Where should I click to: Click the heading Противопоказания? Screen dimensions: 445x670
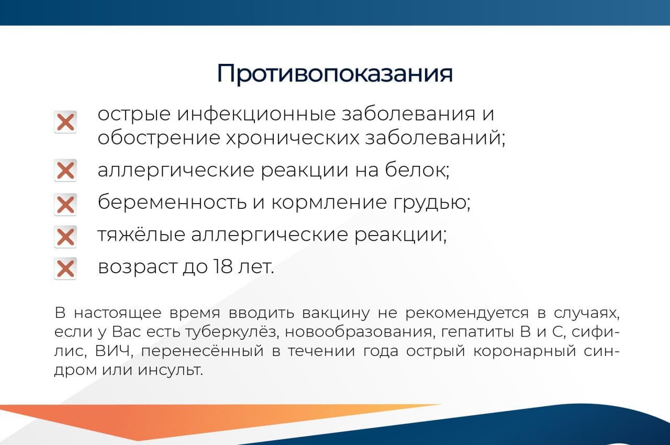pyautogui.click(x=334, y=74)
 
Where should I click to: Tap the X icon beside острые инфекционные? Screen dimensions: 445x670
pyautogui.click(x=65, y=123)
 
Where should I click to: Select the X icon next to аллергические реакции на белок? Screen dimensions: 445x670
pyautogui.click(x=65, y=171)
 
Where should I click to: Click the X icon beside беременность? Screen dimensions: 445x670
pyautogui.click(x=65, y=204)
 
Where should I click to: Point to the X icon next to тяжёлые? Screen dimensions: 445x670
pyautogui.click(x=65, y=237)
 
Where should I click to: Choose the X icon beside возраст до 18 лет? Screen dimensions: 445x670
pyautogui.click(x=65, y=269)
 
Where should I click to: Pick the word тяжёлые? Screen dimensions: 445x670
pyautogui.click(x=141, y=236)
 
